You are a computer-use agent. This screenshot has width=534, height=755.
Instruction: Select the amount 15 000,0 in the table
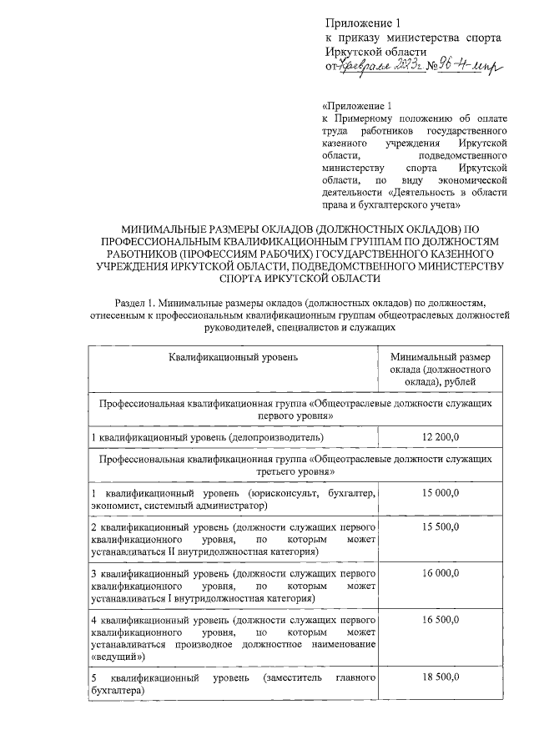pyautogui.click(x=441, y=494)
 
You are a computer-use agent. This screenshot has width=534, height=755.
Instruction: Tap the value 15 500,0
pyautogui.click(x=441, y=528)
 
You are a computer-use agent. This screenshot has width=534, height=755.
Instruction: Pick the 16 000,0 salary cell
pyautogui.click(x=441, y=574)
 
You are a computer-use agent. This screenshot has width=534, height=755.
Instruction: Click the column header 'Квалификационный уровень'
pyautogui.click(x=234, y=357)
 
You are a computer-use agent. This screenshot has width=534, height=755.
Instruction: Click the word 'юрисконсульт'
pyautogui.click(x=277, y=494)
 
